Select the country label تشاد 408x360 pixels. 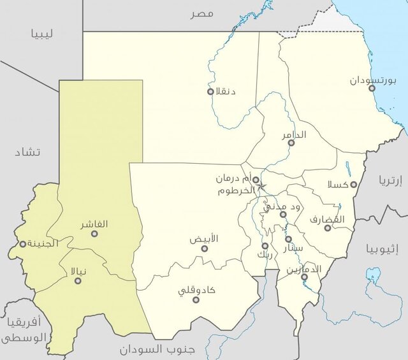pyautogui.click(x=29, y=152)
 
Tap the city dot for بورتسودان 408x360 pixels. pyautogui.click(x=372, y=88)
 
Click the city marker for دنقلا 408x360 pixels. pyautogui.click(x=210, y=91)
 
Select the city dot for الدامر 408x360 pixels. pyautogui.click(x=291, y=143)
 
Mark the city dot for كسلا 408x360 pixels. pyautogui.click(x=354, y=185)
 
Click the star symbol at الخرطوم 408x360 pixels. pyautogui.click(x=261, y=187)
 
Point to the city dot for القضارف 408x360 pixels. pyautogui.click(x=328, y=227)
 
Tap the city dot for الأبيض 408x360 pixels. pyautogui.click(x=205, y=248)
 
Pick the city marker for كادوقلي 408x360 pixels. pyautogui.click(x=196, y=299)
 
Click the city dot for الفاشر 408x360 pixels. pyautogui.click(x=94, y=233)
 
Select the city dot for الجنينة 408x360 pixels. pyautogui.click(x=23, y=243)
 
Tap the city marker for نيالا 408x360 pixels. pyautogui.click(x=78, y=280)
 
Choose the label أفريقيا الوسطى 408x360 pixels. pyautogui.click(x=24, y=329)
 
